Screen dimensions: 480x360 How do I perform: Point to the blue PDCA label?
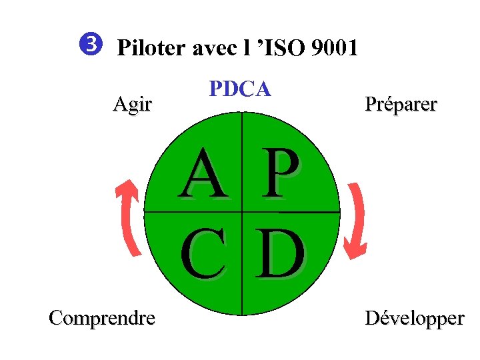(x=240, y=89)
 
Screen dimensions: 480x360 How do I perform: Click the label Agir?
(x=133, y=105)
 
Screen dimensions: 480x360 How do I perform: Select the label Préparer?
(x=401, y=105)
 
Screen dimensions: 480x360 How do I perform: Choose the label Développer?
(x=414, y=319)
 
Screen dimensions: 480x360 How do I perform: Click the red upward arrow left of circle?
(x=129, y=216)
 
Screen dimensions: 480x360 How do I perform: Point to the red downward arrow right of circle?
(x=355, y=216)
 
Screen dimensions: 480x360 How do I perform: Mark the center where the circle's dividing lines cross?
(x=242, y=212)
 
